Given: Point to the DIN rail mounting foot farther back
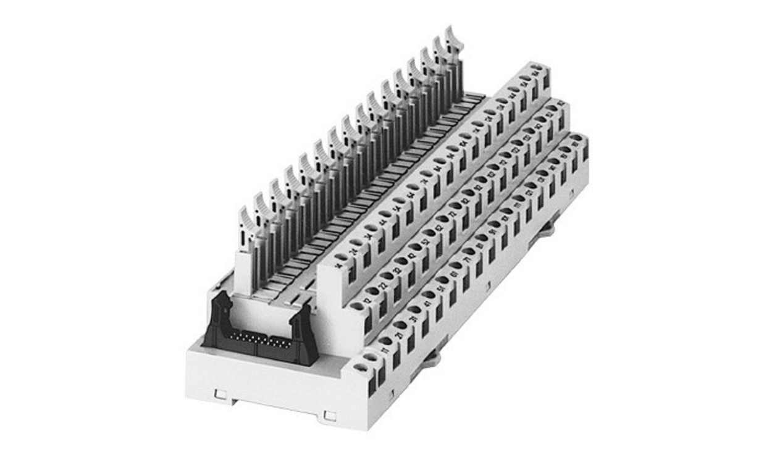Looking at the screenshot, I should (547, 229).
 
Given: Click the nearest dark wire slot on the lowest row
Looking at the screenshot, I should (372, 387).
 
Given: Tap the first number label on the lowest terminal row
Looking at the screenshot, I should (385, 351).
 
